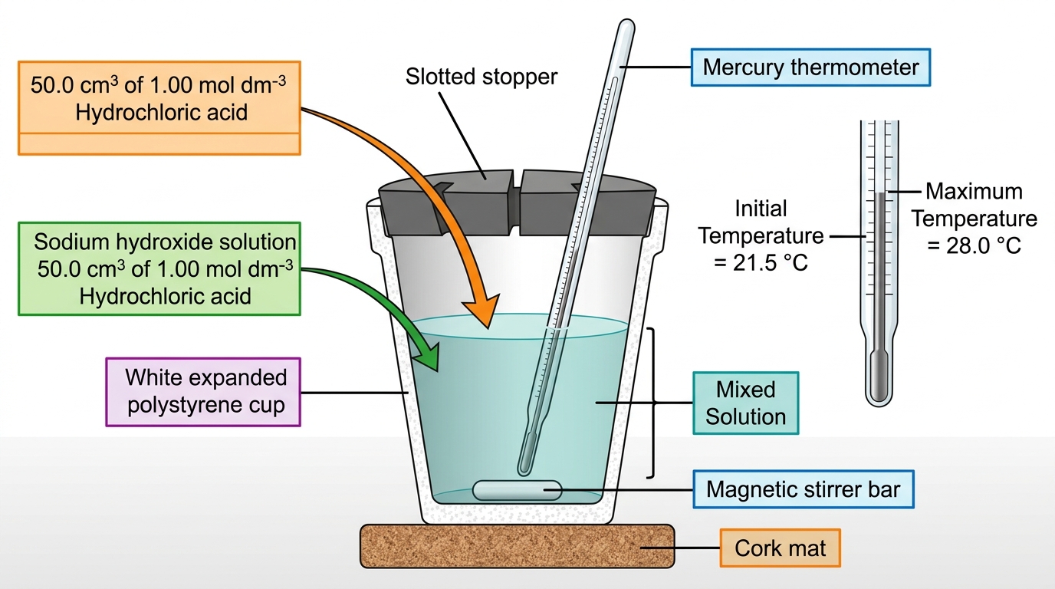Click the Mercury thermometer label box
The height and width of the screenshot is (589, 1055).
point(810,67)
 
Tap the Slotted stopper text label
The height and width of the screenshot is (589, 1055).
point(481,77)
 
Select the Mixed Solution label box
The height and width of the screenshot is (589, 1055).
point(745,403)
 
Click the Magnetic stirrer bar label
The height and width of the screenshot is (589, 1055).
point(804,489)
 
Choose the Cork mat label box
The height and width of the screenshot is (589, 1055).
point(780,548)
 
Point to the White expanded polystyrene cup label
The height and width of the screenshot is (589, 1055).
point(203,392)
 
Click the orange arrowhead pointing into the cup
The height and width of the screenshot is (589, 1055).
point(481,311)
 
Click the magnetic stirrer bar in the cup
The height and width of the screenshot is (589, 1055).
point(517,491)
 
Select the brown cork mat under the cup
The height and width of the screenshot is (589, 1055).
point(517,546)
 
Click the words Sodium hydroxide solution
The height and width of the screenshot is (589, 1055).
point(165,242)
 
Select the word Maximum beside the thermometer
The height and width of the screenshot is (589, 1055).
point(974,191)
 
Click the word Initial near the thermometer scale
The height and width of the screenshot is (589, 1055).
point(761,209)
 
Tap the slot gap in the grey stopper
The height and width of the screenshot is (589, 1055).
point(516,203)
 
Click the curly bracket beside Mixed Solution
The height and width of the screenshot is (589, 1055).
point(652,403)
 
